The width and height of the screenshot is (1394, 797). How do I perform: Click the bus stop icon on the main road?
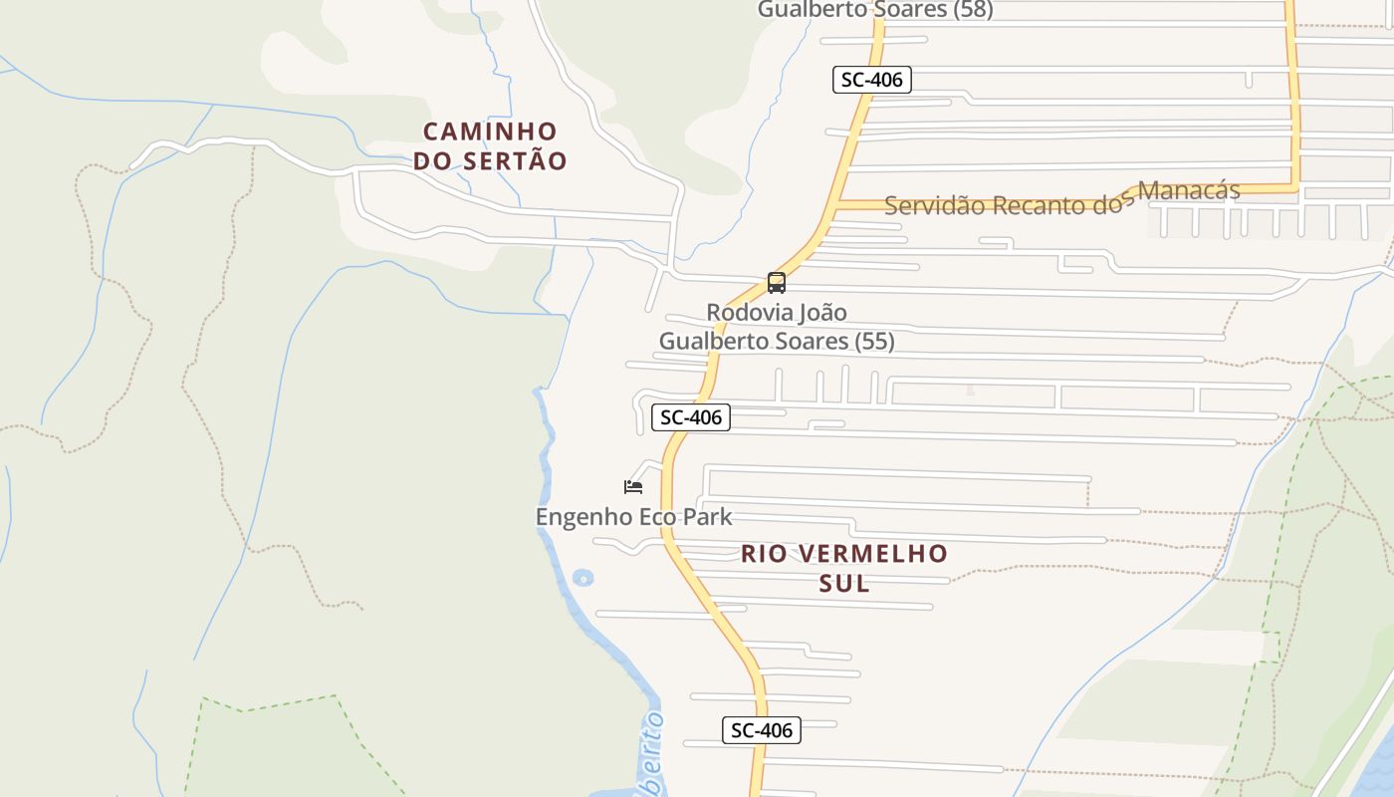[x=777, y=283]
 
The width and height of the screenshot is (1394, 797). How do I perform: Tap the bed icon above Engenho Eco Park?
[x=633, y=487]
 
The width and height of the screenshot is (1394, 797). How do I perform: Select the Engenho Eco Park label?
[x=633, y=517]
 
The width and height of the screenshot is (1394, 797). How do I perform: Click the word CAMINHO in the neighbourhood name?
[x=490, y=132]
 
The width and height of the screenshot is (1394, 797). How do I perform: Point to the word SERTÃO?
[x=518, y=160]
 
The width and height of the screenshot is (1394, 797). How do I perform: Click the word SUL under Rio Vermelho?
[x=844, y=583]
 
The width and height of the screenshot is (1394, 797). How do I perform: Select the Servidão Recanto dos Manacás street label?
[x=1061, y=198]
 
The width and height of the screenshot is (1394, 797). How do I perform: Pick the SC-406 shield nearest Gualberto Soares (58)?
[x=871, y=80]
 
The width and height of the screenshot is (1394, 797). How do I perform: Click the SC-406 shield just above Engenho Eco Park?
[x=691, y=417]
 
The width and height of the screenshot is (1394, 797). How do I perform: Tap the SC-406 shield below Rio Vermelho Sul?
[x=762, y=730]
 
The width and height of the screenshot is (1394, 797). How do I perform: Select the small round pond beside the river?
[x=582, y=577]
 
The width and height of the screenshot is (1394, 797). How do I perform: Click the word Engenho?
[x=577, y=517]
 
